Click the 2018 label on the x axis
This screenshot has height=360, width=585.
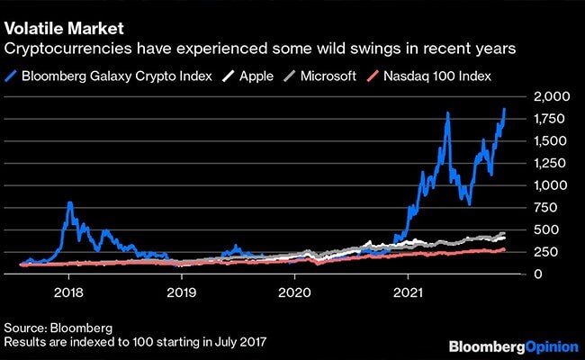[70, 292]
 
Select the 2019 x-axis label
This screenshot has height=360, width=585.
[183, 292]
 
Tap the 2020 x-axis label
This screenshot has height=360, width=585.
[296, 292]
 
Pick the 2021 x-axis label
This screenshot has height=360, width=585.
[409, 292]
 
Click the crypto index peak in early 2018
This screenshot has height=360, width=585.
[70, 204]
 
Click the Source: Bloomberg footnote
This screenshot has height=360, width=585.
[50, 328]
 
